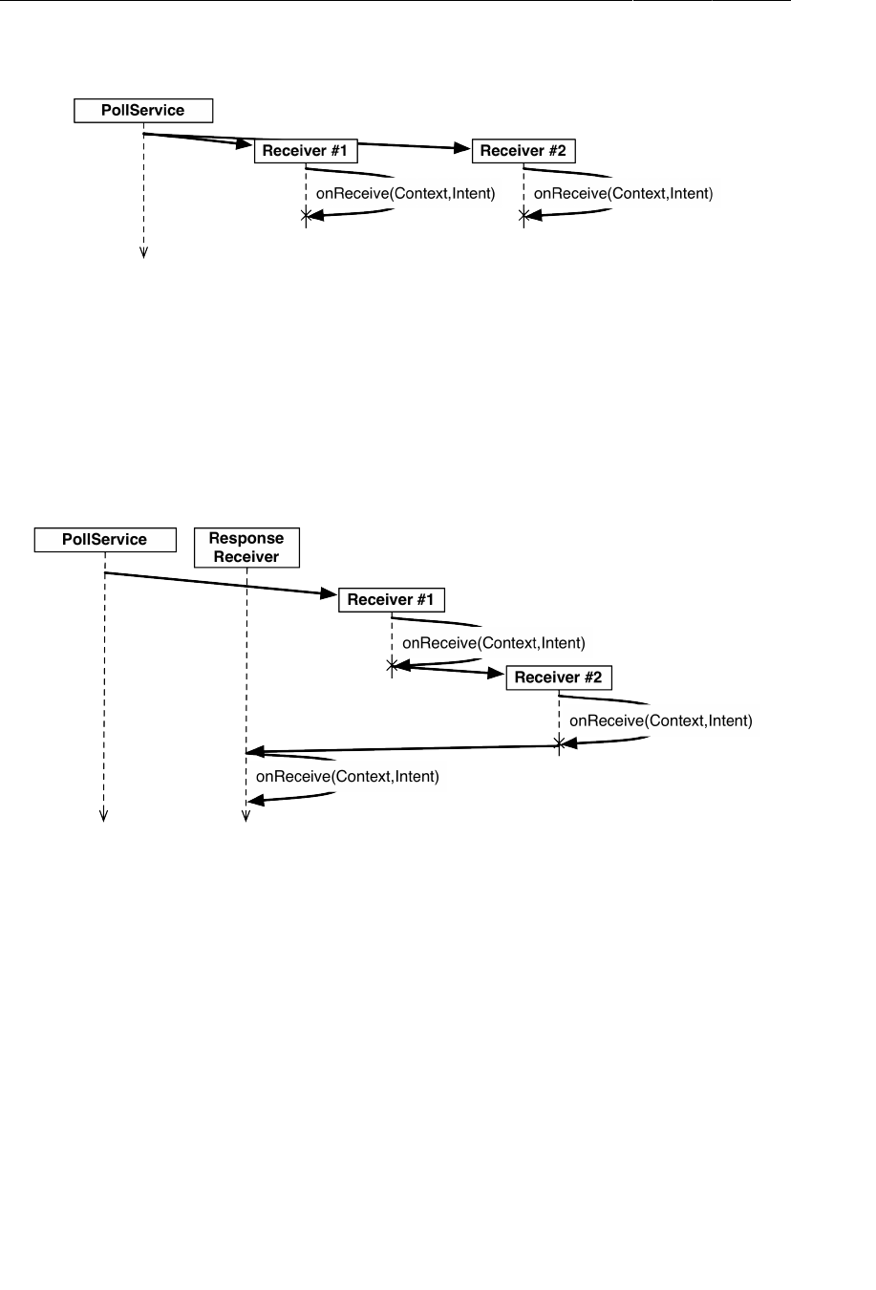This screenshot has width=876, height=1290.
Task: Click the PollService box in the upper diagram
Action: tap(143, 110)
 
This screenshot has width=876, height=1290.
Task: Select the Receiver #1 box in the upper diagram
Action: tap(306, 151)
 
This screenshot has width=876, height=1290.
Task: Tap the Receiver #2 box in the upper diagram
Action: tap(523, 151)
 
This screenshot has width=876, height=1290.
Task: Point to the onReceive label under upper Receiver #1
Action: tap(406, 193)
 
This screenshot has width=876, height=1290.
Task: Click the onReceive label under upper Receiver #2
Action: tap(623, 193)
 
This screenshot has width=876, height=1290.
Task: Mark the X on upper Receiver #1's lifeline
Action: tap(306, 217)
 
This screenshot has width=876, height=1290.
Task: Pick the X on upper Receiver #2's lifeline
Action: tap(523, 217)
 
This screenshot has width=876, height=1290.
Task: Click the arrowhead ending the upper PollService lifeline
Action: tap(143, 253)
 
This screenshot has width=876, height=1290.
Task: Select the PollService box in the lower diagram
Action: tap(105, 540)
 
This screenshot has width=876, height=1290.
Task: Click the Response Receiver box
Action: tap(246, 548)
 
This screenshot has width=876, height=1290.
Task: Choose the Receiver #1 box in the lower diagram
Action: tap(392, 600)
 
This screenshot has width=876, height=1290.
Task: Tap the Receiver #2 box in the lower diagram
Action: tap(559, 677)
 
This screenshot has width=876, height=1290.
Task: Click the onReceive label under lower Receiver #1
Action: tap(493, 643)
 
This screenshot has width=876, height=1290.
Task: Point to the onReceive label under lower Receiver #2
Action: tap(661, 720)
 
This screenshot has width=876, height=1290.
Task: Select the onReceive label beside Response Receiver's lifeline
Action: tap(348, 777)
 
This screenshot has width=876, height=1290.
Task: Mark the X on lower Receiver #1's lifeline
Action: tap(392, 664)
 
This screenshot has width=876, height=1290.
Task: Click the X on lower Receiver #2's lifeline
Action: tap(559, 742)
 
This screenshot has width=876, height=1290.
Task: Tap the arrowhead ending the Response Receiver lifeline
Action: tap(246, 816)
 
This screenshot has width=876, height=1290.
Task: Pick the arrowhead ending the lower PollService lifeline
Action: tap(104, 816)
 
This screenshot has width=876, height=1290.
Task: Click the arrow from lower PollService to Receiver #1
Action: tap(220, 584)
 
